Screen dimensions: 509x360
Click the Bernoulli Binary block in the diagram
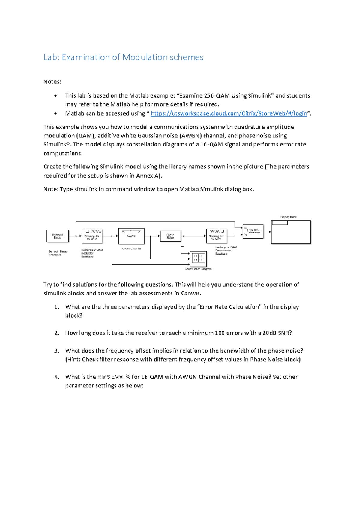(58, 236)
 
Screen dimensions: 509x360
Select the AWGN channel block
(131, 236)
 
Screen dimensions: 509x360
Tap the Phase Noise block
(170, 236)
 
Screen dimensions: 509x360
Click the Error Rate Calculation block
(253, 231)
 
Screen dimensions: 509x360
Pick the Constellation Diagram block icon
(198, 258)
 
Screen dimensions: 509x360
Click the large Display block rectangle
(291, 232)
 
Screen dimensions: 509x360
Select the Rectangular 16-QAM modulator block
(92, 236)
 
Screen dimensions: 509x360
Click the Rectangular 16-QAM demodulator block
(216, 236)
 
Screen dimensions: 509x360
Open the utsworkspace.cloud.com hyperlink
(229, 113)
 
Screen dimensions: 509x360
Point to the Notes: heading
(52, 82)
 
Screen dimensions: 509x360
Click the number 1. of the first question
(57, 307)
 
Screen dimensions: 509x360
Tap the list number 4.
(57, 377)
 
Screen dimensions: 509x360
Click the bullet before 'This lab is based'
(55, 96)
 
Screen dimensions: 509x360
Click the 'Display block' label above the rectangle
(288, 217)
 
